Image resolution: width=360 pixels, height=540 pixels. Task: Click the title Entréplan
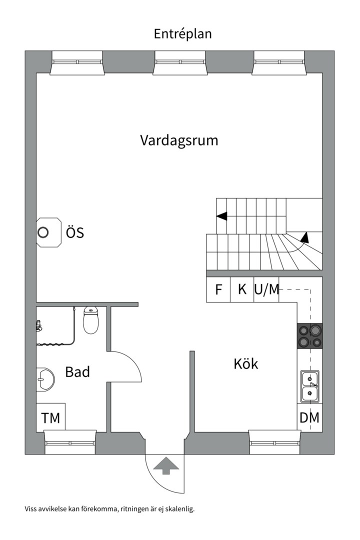182,34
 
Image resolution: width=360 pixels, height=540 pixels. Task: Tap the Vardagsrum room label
179,140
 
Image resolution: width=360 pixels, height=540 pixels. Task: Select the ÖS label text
75,233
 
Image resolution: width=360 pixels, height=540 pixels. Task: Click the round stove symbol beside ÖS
43,232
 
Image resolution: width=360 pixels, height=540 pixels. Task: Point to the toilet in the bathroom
91,320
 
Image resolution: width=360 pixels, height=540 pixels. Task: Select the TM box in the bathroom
50,417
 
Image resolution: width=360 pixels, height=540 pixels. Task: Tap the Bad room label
77,372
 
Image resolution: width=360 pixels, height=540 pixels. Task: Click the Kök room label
246,363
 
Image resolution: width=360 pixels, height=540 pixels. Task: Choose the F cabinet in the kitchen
218,290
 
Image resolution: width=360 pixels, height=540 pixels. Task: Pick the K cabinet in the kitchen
242,290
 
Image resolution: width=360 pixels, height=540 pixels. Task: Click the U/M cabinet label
266,290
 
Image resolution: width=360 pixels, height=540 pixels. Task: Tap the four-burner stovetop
310,335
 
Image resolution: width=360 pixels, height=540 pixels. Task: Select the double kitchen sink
310,386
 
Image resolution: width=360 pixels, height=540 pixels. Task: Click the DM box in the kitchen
309,417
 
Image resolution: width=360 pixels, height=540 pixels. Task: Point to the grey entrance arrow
166,466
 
